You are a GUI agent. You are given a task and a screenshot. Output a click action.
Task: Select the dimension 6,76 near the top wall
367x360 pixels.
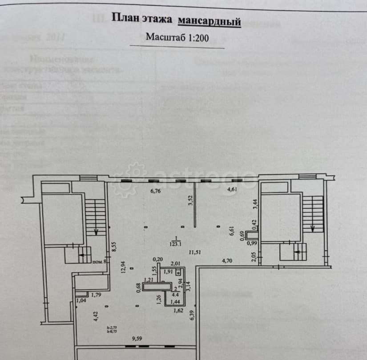pyautogui.click(x=155, y=192)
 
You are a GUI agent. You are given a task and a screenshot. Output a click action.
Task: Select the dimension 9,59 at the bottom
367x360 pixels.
pyautogui.click(x=137, y=339)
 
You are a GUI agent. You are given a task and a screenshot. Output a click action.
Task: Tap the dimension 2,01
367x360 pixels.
pyautogui.click(x=175, y=264)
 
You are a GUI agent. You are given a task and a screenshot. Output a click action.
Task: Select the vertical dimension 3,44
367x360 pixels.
pyautogui.click(x=255, y=204)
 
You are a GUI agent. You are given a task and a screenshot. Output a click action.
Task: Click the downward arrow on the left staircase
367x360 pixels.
pyautogui.click(x=97, y=232)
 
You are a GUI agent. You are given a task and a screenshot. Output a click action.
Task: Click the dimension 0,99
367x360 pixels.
pyautogui.click(x=252, y=243)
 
